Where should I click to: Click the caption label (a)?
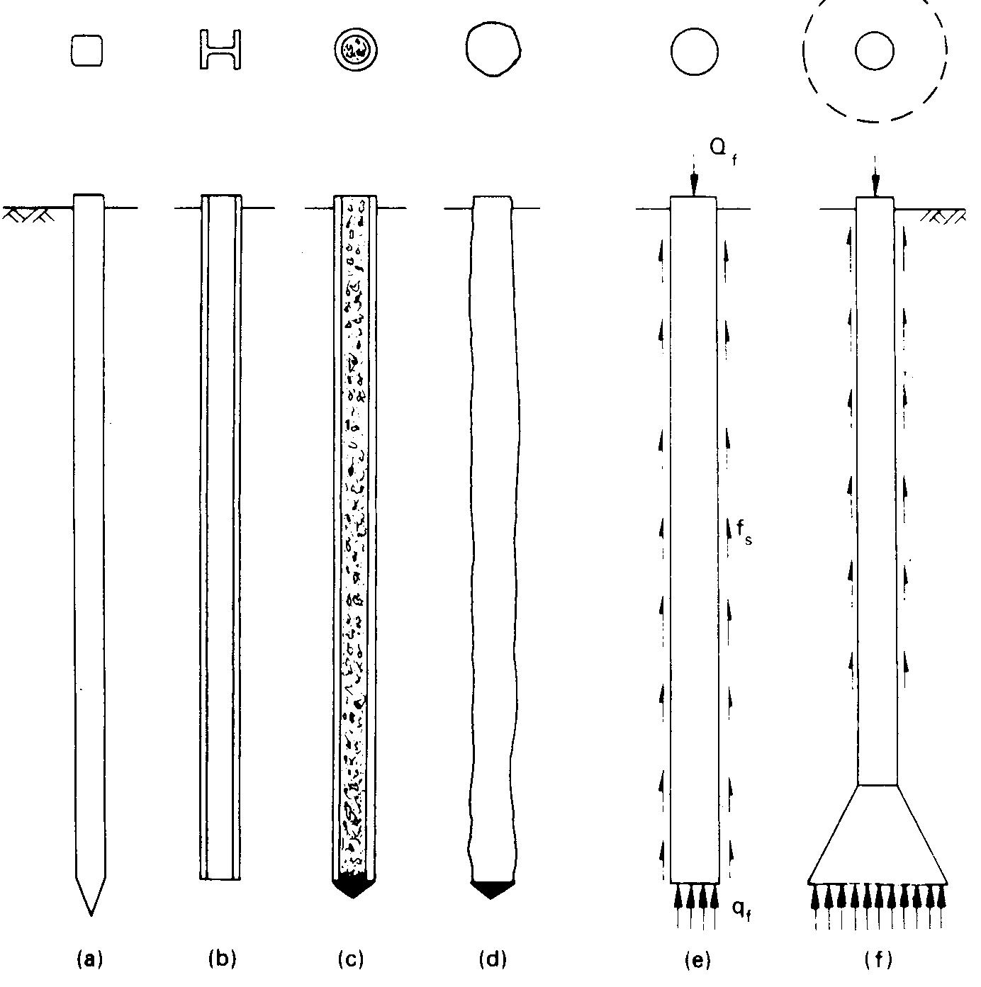(x=89, y=959)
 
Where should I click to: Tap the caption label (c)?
(x=351, y=959)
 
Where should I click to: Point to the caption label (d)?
(x=493, y=959)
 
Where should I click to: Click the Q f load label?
(x=722, y=151)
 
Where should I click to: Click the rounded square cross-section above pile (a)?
(x=87, y=52)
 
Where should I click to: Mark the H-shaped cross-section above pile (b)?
(x=220, y=50)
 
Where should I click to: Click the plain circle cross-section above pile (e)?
(x=694, y=52)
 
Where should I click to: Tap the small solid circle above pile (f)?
(x=874, y=51)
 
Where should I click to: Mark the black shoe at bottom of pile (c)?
(x=353, y=886)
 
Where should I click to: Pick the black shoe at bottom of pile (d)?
(x=492, y=889)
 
